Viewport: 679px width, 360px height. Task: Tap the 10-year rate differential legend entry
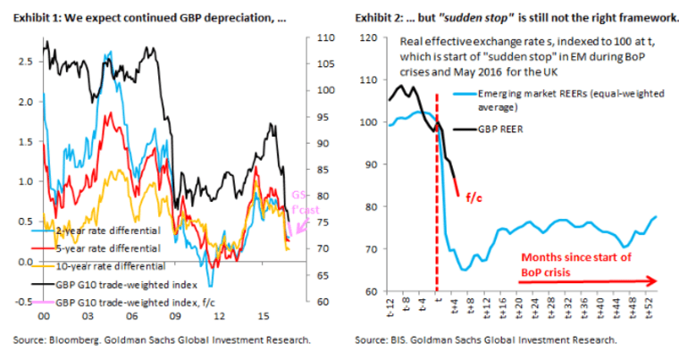pyautogui.click(x=97, y=265)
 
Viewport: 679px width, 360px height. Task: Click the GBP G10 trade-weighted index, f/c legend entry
pyautogui.click(x=112, y=301)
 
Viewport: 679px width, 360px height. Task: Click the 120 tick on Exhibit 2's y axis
pyautogui.click(x=368, y=38)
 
